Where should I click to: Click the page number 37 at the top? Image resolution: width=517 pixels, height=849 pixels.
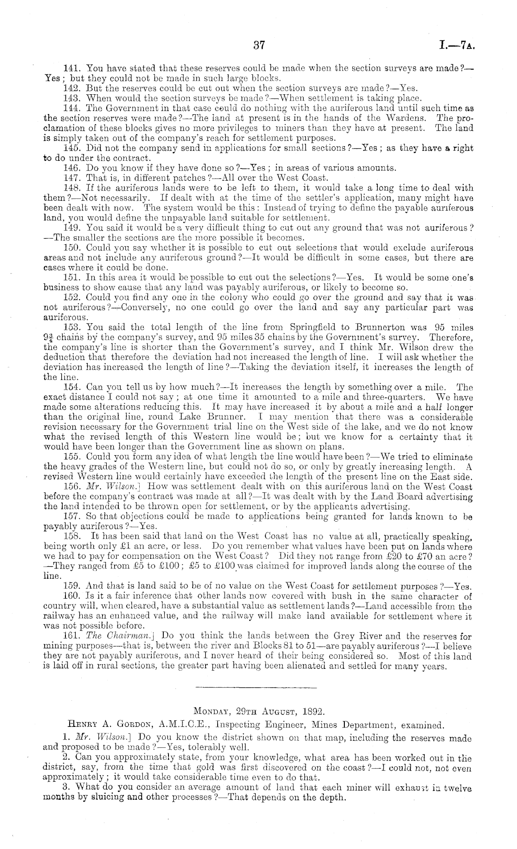click(x=258, y=45)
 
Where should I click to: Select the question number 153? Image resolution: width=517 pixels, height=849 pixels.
click(x=72, y=327)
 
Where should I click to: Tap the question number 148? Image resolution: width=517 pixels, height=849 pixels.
click(x=72, y=188)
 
